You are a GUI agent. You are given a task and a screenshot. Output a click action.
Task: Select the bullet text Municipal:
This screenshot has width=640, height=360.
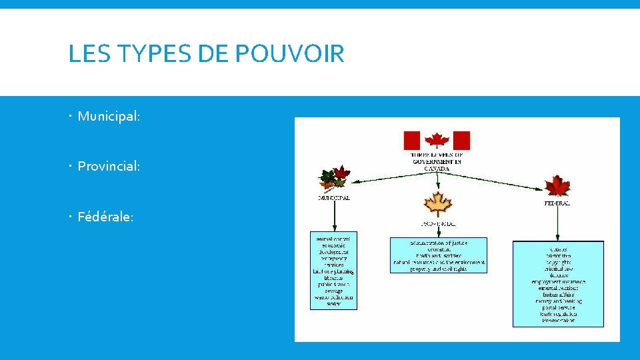[109, 116]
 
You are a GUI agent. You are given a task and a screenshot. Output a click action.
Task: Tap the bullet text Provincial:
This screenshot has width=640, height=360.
[109, 166]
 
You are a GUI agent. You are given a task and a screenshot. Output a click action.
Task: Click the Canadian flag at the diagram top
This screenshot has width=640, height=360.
[437, 141]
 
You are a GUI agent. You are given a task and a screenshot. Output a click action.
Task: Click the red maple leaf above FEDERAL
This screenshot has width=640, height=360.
[557, 186]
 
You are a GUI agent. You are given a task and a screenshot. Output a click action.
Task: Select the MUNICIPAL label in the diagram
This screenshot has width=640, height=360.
[334, 198]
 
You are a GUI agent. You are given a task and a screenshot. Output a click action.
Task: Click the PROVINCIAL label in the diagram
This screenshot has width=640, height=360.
[438, 224]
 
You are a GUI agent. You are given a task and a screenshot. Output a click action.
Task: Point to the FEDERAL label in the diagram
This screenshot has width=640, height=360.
[557, 203]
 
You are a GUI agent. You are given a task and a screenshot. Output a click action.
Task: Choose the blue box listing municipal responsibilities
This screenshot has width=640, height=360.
[334, 270]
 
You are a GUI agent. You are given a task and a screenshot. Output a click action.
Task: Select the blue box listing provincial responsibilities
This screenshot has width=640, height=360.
[438, 255]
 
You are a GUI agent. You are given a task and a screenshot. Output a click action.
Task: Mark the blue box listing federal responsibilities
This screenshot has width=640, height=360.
[558, 283]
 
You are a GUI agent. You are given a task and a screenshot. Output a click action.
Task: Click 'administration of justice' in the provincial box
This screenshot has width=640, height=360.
[438, 243]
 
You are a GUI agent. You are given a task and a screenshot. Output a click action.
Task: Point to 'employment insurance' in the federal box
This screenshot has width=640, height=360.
[558, 282]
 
